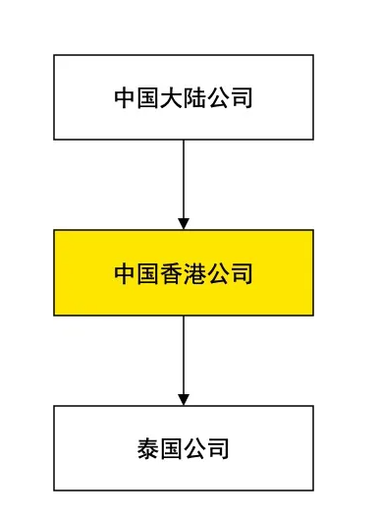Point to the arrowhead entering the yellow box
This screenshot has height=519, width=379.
[x=184, y=223]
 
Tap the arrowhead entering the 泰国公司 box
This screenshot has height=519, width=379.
[x=184, y=399]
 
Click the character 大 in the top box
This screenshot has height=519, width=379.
[x=172, y=98]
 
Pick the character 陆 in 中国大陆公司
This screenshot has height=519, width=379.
[x=194, y=98]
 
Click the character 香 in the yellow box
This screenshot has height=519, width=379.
[x=172, y=273]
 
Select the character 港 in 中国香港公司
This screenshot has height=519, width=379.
[x=194, y=273]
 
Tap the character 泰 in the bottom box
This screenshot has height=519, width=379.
[x=148, y=449]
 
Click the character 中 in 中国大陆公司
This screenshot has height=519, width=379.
[x=125, y=98]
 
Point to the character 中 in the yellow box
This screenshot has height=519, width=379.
[x=125, y=273]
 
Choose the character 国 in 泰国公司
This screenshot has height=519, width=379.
[x=172, y=449]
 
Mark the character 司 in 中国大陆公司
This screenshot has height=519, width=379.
[x=242, y=98]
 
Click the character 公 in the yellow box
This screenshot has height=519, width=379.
[x=218, y=273]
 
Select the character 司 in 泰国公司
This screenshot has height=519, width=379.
[x=218, y=449]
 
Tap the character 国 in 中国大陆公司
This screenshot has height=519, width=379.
[x=148, y=98]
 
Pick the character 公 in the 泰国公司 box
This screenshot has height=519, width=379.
[x=194, y=449]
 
